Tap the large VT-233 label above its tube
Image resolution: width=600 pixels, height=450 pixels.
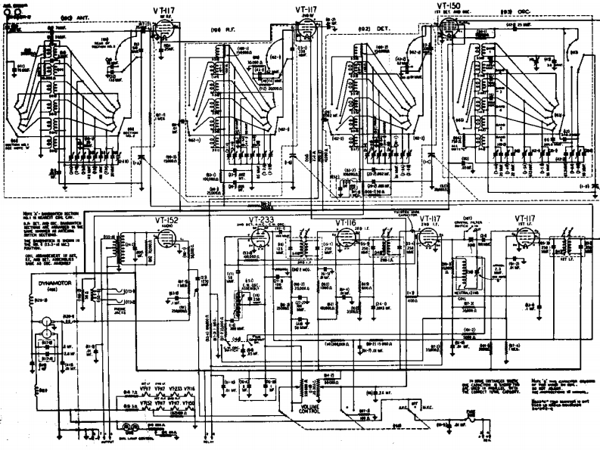[261, 220]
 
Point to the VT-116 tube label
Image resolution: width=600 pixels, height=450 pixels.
[346, 222]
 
